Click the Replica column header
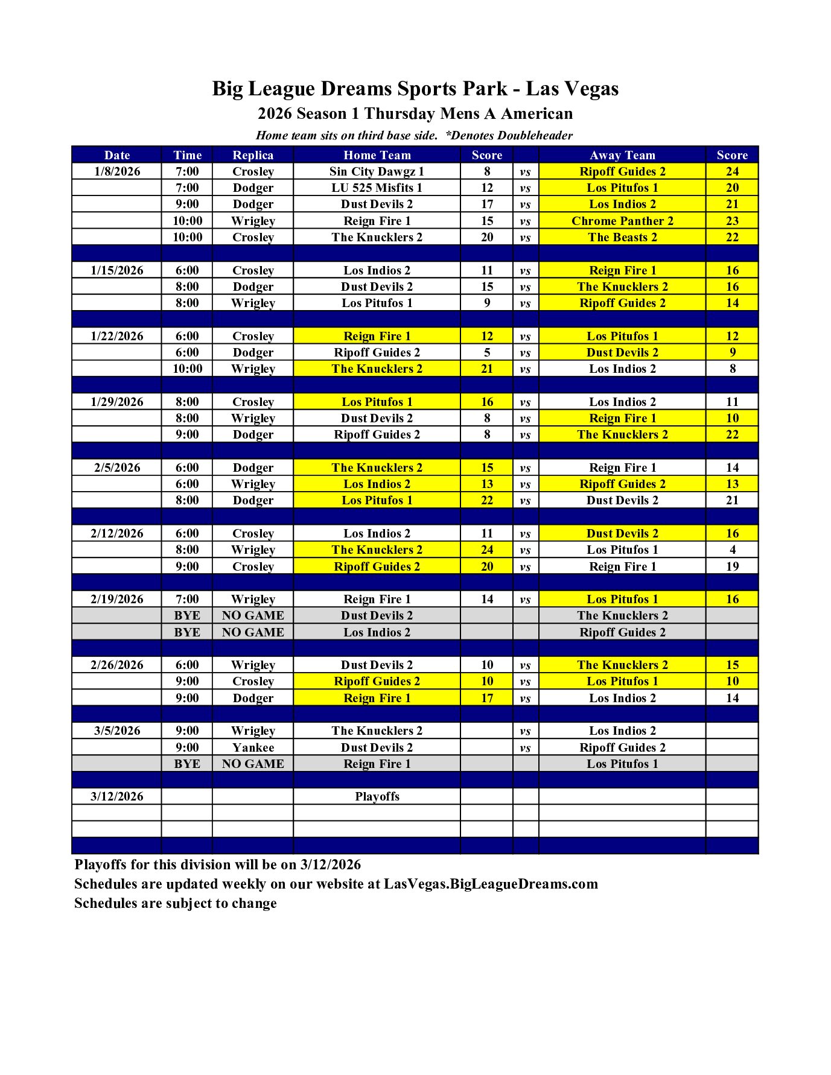[253, 155]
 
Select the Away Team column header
[622, 155]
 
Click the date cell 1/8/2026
[117, 171]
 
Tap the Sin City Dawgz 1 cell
[377, 171]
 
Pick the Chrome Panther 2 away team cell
[622, 221]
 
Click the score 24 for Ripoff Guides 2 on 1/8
[732, 171]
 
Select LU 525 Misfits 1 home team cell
[377, 188]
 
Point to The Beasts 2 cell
[622, 237]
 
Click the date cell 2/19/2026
[117, 599]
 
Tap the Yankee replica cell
[253, 747]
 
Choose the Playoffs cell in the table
[377, 796]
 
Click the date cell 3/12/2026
[117, 796]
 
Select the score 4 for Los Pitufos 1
[732, 550]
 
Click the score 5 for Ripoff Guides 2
[487, 352]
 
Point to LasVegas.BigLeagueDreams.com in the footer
[491, 884]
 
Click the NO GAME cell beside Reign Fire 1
[253, 764]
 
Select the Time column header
[187, 155]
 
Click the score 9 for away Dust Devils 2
[732, 352]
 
